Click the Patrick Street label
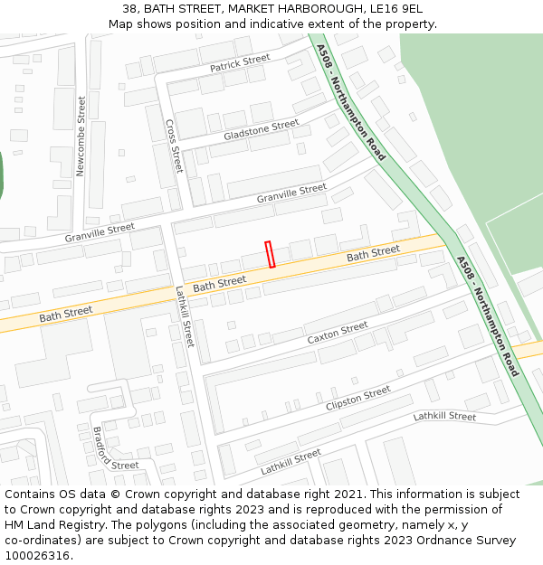coord(240,63)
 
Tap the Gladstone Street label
coord(261,130)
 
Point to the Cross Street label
coord(174,146)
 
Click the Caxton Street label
coord(338,333)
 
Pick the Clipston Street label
coord(358,398)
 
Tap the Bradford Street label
coord(115,450)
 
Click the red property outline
coord(270,254)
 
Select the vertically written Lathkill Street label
coord(185,316)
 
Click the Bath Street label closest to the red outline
coord(220,284)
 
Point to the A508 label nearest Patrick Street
coord(351,103)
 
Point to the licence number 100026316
coord(37,556)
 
